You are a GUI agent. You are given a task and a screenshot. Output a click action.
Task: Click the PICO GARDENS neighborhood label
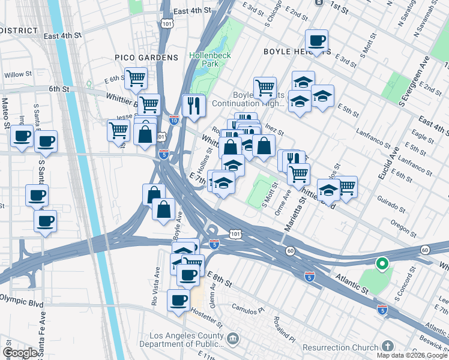coord(147,57)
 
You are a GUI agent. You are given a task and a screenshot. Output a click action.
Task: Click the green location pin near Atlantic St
coord(381,263)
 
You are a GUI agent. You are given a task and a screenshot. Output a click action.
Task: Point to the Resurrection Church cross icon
coord(388,347)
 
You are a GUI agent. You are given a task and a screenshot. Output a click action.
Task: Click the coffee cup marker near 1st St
coord(316,41)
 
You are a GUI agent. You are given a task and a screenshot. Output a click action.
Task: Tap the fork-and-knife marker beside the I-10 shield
coord(194,106)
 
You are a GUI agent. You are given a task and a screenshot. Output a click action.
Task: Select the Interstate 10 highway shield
coord(173,119)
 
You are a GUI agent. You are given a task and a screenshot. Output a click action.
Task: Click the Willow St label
coord(18,74)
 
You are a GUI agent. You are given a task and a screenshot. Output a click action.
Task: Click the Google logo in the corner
coord(20,353)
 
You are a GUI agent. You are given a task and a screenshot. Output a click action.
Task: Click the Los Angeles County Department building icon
coord(232,340)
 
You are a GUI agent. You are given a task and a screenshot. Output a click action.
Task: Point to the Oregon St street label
coord(403,227)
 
